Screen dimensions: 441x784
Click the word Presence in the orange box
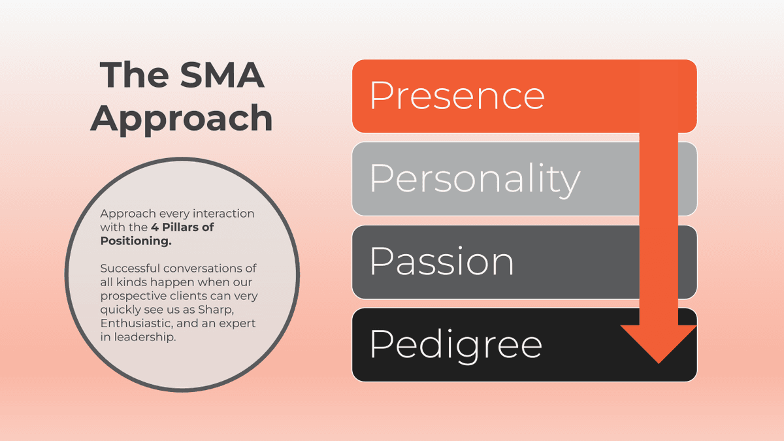pyautogui.click(x=457, y=95)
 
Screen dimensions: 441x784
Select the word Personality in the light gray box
pyautogui.click(x=475, y=178)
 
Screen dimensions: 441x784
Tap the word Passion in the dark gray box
pyautogui.click(x=442, y=261)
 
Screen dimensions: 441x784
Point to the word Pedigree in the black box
pyautogui.click(x=455, y=344)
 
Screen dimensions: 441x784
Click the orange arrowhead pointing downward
pyautogui.click(x=659, y=342)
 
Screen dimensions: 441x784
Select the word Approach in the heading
pyautogui.click(x=182, y=118)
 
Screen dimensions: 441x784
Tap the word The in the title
pyautogui.click(x=131, y=75)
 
